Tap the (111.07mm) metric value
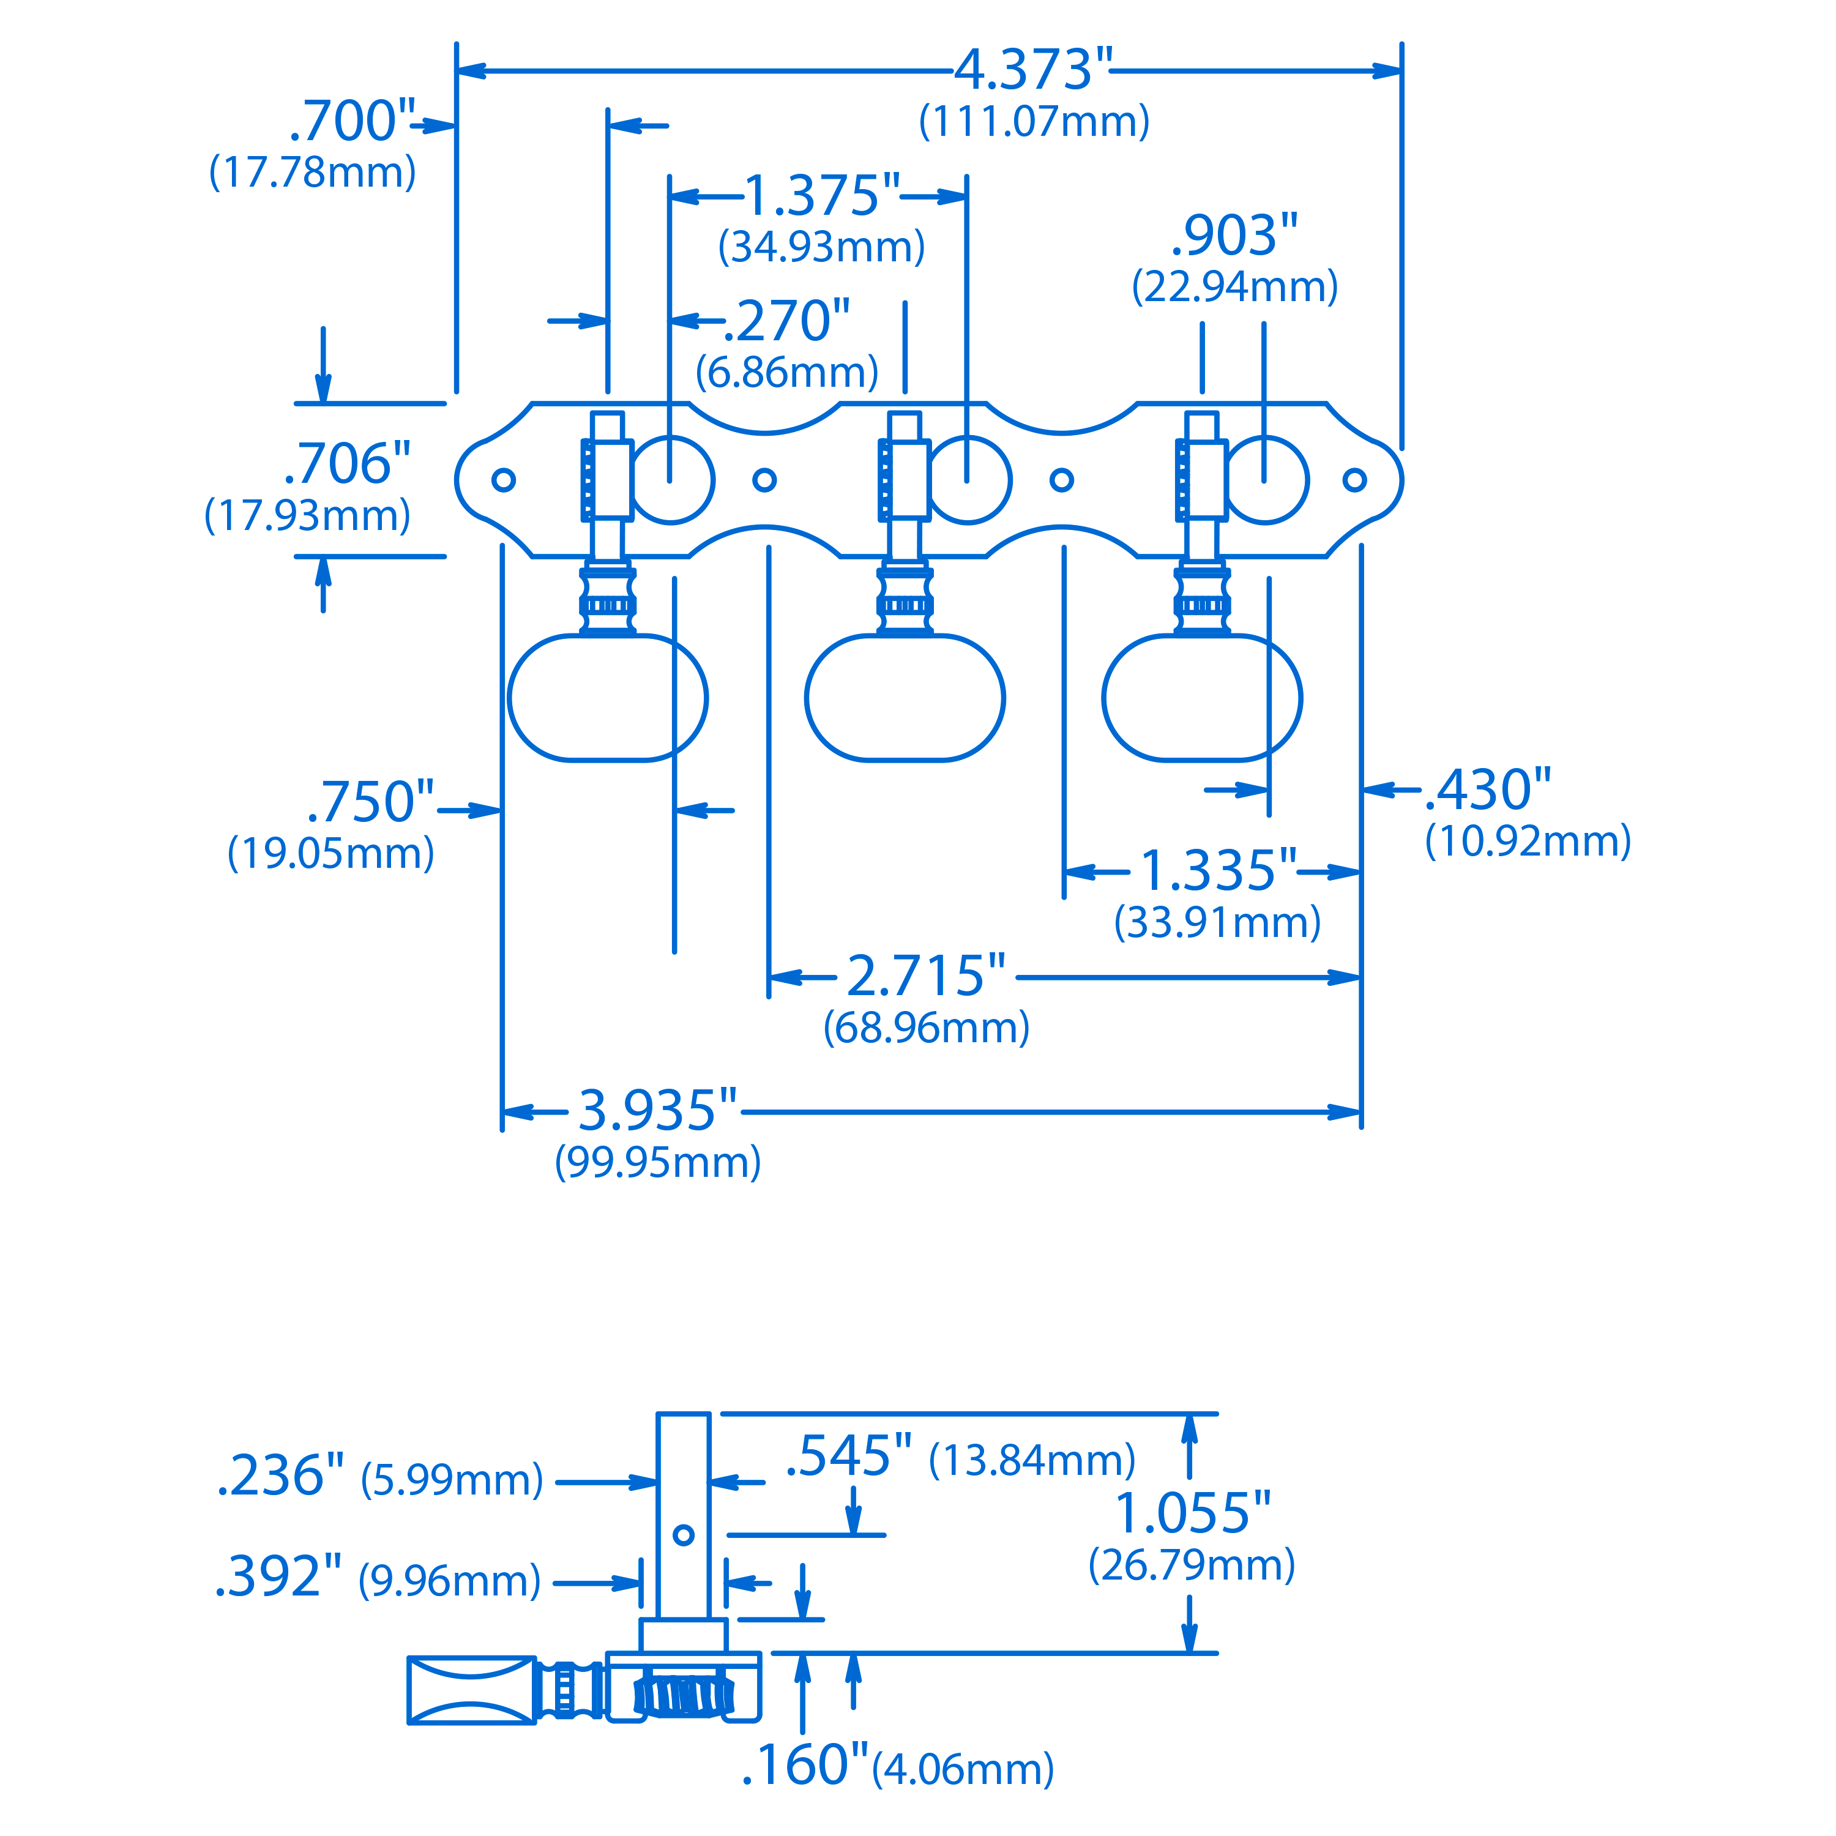[x=1034, y=122]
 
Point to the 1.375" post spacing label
[x=821, y=196]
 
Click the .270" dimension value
[x=787, y=321]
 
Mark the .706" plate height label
[x=348, y=464]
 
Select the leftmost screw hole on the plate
[x=504, y=480]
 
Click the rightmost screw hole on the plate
[x=1354, y=480]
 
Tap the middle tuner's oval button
[x=905, y=698]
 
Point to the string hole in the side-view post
[x=683, y=1535]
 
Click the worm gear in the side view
[x=683, y=1696]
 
